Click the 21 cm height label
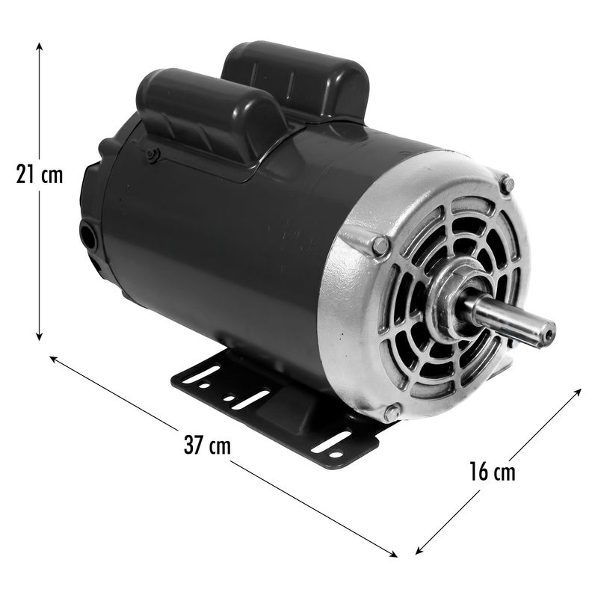(40, 174)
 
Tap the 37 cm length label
(207, 444)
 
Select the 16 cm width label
(492, 472)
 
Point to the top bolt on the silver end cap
(507, 185)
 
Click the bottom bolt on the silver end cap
(392, 413)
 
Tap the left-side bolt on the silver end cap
(380, 246)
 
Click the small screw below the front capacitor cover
(153, 155)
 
